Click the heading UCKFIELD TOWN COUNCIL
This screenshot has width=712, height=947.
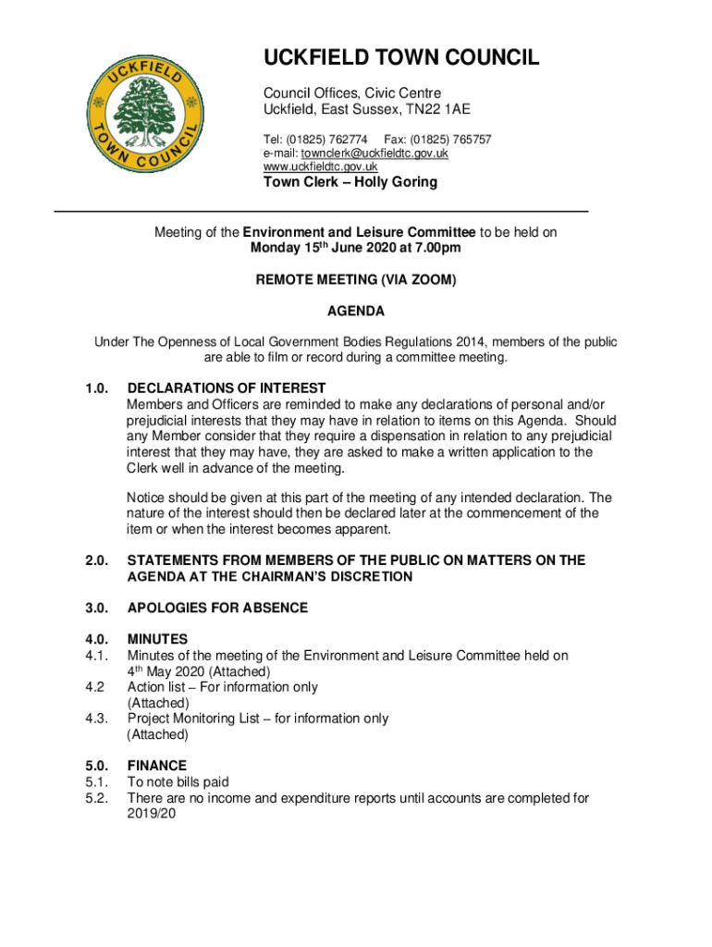click(401, 59)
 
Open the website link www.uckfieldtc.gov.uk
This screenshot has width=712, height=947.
click(320, 166)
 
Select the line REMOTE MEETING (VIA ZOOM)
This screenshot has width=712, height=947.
click(356, 279)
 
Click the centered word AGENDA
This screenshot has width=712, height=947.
click(356, 311)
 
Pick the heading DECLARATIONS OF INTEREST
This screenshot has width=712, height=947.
click(227, 388)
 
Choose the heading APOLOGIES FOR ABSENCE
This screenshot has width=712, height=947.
click(217, 609)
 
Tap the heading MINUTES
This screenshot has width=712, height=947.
click(157, 639)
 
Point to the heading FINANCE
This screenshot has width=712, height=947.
click(157, 766)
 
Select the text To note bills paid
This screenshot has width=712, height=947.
click(178, 782)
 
